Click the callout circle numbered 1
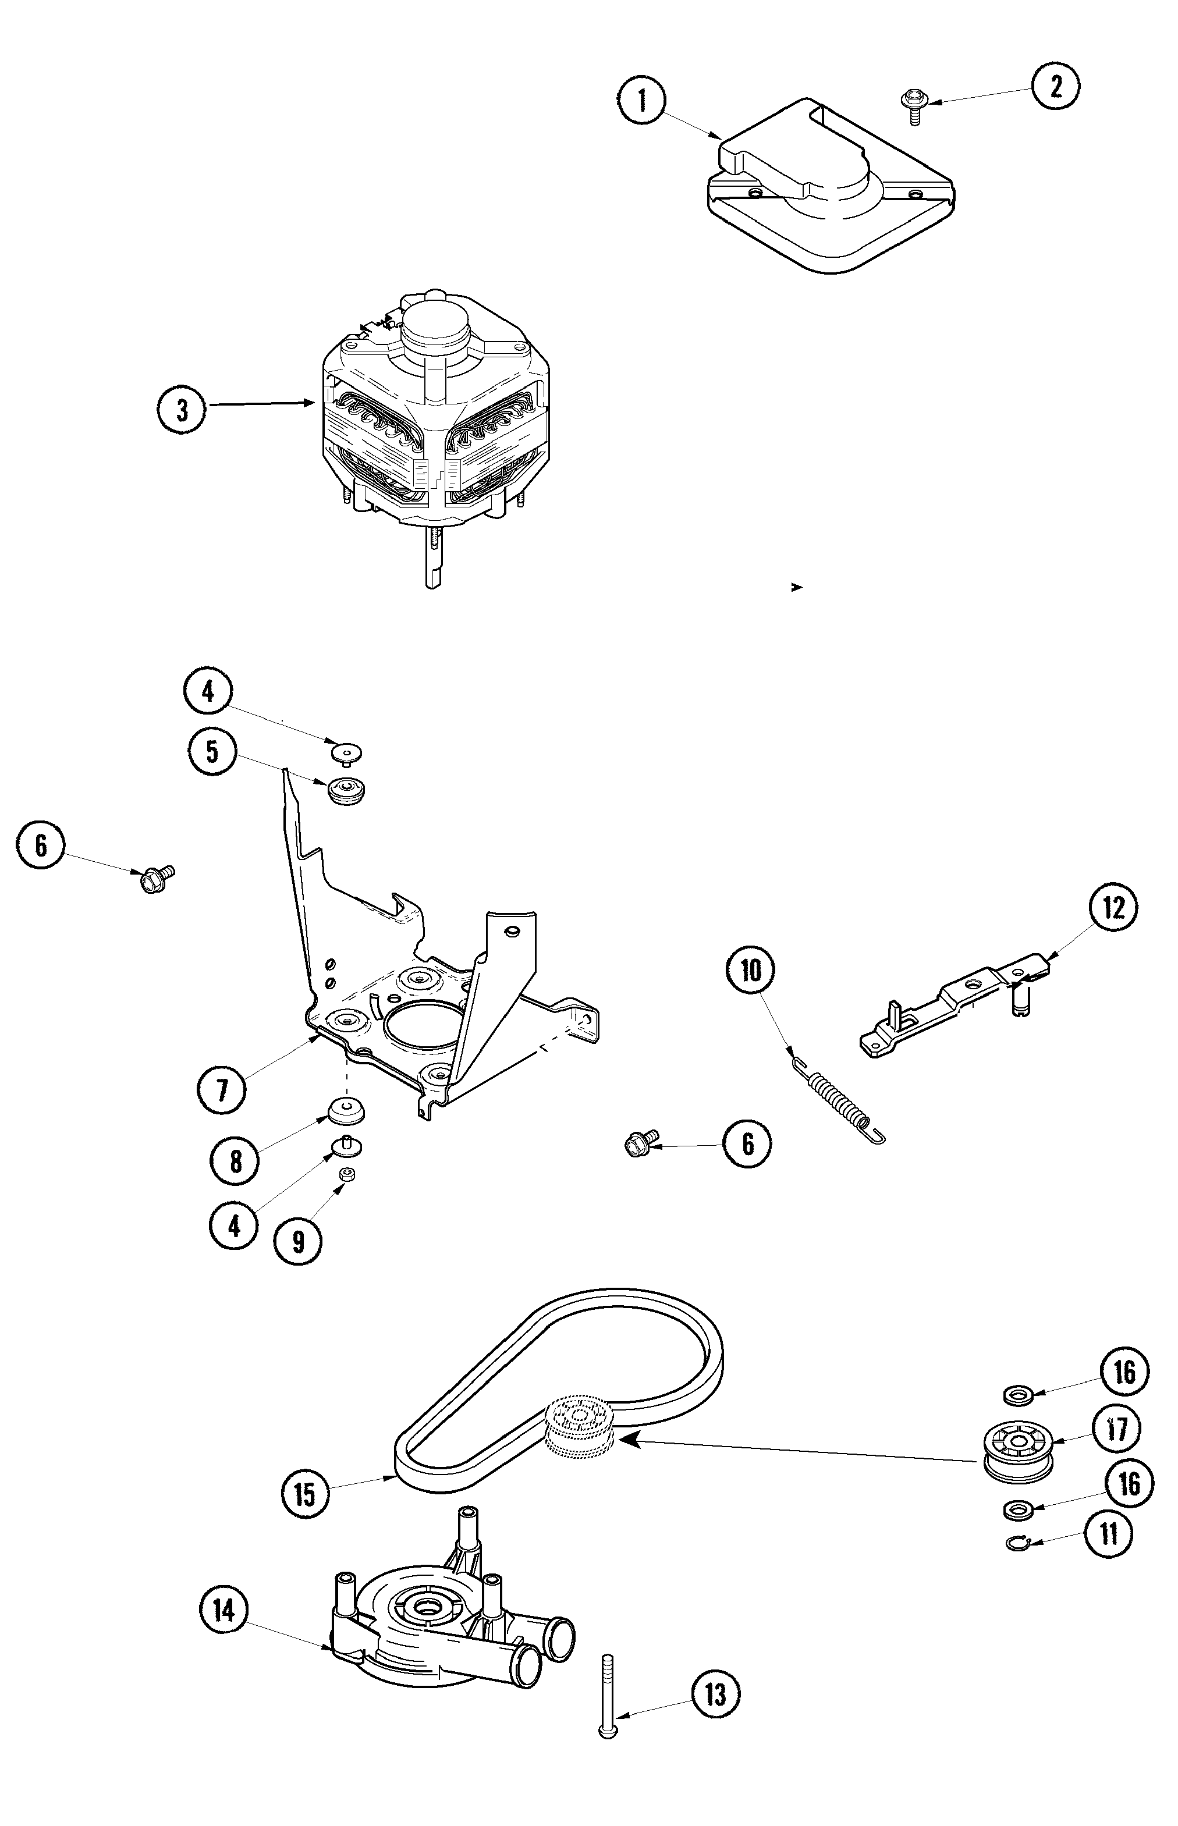coord(642,100)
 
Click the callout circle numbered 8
coord(235,1161)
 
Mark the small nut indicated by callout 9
coord(346,1174)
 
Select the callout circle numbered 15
coord(304,1493)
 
